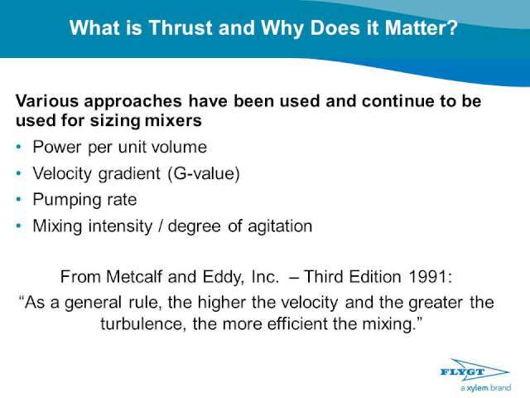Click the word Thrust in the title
[x=181, y=27]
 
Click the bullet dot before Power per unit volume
[x=18, y=147]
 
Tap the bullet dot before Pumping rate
[x=18, y=199]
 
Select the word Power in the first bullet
[x=57, y=147]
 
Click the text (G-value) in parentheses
[x=204, y=173]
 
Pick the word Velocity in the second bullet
[x=62, y=174]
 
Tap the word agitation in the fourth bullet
[x=280, y=226]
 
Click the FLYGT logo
[x=475, y=371]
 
